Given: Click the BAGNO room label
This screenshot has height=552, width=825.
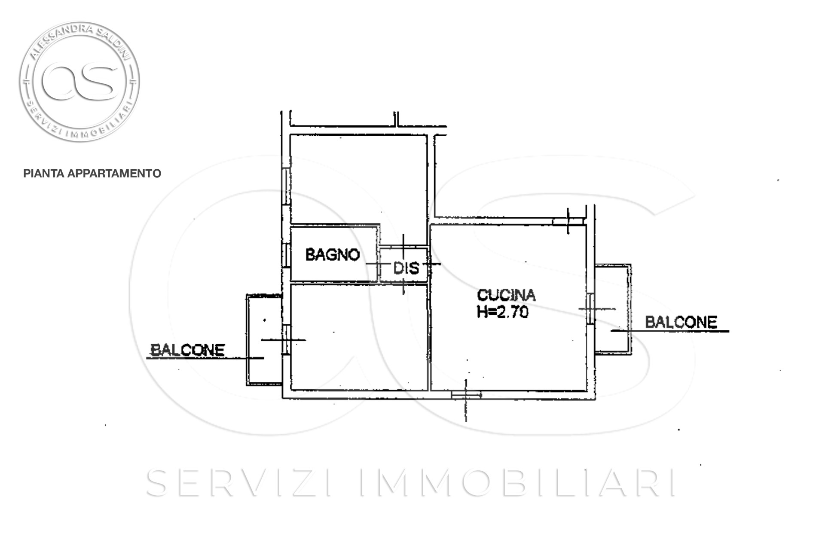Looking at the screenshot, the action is tap(332, 255).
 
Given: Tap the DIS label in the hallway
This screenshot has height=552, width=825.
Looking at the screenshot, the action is tap(406, 268).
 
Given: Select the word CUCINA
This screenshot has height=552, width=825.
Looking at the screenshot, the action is tap(507, 295).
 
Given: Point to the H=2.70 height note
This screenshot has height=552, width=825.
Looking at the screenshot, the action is tap(503, 312).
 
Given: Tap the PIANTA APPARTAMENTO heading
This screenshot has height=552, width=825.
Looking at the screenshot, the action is tap(92, 174).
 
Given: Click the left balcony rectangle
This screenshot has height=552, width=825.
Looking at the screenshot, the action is tap(264, 340).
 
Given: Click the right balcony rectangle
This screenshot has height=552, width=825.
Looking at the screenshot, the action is tap(613, 309).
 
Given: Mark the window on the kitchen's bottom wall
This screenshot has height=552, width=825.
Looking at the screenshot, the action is tap(466, 394).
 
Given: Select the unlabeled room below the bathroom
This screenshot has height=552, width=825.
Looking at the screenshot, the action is tap(359, 337).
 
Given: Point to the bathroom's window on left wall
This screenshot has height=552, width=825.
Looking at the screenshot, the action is tap(286, 255).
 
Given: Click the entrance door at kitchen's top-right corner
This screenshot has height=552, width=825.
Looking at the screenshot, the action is tap(568, 221).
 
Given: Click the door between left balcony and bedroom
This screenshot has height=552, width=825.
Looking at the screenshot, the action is tap(286, 340).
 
